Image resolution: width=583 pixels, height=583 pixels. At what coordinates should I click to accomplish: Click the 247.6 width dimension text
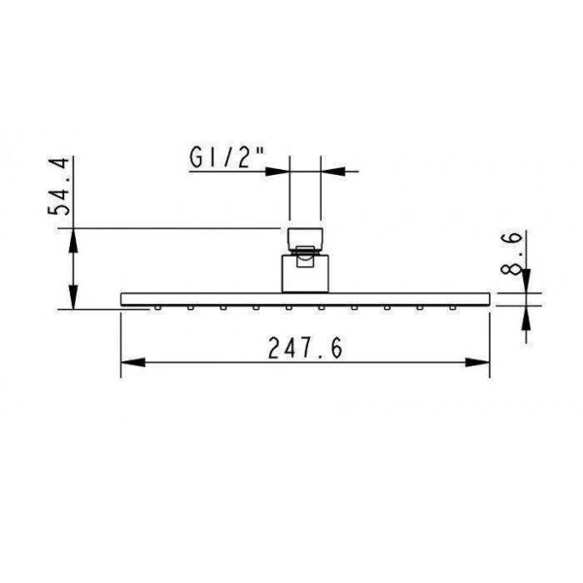click(305, 348)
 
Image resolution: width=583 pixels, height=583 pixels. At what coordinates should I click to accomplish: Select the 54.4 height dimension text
click(58, 187)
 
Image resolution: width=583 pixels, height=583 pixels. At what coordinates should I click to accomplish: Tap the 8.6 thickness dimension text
click(511, 253)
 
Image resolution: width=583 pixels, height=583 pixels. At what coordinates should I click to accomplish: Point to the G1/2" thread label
click(227, 157)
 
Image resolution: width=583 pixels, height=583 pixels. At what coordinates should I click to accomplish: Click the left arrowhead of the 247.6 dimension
click(133, 362)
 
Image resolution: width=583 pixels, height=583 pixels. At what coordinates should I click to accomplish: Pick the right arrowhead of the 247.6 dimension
click(478, 362)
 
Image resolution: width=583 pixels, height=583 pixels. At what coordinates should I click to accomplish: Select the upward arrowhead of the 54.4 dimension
click(73, 241)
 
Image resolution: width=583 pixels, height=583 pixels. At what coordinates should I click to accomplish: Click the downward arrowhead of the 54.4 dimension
click(73, 297)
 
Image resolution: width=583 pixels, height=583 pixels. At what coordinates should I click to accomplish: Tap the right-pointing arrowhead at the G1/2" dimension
click(277, 171)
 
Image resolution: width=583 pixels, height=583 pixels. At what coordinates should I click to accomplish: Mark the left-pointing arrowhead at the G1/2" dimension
click(332, 171)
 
